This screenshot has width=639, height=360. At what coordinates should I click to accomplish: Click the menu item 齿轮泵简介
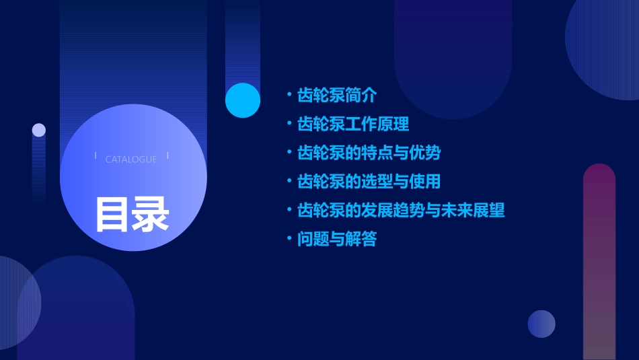(337, 96)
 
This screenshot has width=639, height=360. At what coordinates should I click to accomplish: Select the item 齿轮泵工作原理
(353, 124)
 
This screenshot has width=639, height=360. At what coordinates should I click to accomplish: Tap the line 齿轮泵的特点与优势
(369, 153)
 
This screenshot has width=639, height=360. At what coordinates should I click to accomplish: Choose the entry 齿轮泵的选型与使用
(369, 182)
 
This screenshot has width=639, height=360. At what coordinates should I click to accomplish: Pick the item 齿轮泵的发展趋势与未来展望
(401, 210)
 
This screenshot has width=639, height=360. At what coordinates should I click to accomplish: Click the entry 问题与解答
(337, 239)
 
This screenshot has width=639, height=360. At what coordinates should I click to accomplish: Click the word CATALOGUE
(131, 159)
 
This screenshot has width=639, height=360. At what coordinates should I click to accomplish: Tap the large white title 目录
(132, 214)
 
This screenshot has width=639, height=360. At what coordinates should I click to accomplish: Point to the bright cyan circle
(243, 100)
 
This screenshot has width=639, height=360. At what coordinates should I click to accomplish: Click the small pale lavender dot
(39, 130)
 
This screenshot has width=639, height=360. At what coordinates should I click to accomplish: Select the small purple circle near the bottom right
(541, 324)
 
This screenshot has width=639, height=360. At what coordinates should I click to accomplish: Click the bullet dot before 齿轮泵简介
(289, 96)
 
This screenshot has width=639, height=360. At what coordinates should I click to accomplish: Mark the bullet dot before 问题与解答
(289, 239)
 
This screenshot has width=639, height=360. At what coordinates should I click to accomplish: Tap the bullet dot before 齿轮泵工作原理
(289, 124)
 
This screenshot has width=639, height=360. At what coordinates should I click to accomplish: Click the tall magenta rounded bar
(599, 262)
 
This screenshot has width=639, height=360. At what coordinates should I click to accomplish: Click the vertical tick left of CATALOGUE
(96, 156)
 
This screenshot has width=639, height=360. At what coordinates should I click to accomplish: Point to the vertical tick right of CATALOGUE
(167, 156)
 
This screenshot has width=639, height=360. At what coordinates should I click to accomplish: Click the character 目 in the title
(112, 214)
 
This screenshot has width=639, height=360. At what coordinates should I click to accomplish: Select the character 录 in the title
(151, 214)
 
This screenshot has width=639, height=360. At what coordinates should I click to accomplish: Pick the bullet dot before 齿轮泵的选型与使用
(289, 182)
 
